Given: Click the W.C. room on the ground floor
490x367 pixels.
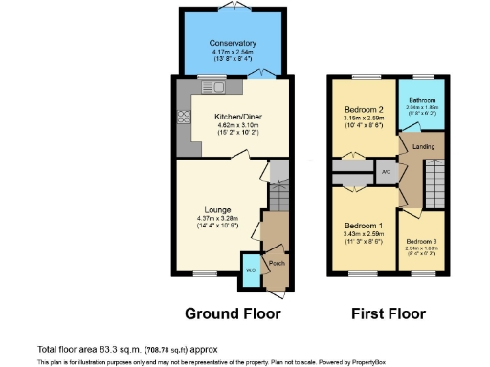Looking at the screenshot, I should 251,270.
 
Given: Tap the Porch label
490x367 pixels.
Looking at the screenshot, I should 276,263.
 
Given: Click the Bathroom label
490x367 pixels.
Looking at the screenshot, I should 422,100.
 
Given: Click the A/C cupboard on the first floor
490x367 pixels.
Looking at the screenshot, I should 385,173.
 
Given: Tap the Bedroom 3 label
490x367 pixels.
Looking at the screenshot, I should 422,241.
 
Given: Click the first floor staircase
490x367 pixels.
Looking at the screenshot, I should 435,182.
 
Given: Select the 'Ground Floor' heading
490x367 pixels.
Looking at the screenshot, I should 233,313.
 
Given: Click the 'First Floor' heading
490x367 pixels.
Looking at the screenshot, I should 388,313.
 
